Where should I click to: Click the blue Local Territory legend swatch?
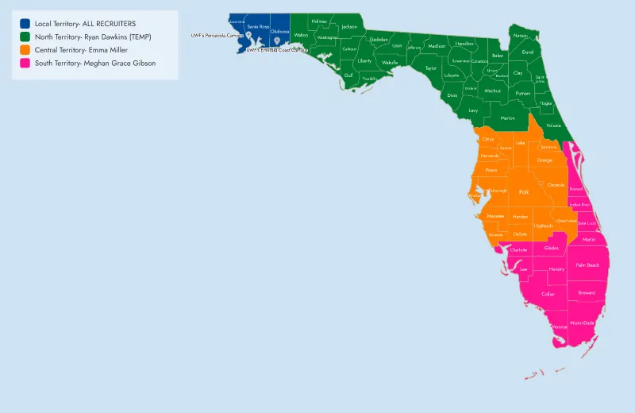point(26,24)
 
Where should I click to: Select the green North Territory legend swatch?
point(26,37)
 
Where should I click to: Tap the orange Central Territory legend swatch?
point(26,50)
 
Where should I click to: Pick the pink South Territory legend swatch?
point(26,63)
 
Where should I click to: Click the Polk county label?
point(523,191)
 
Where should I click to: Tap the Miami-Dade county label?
point(583,322)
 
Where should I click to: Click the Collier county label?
point(548,294)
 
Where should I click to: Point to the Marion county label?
point(508,118)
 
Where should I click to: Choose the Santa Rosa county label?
point(259,27)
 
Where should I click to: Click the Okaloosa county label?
point(279,32)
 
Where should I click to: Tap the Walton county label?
point(301,35)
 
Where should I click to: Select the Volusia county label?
point(553,125)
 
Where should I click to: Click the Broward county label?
point(587,292)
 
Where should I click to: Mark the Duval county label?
point(528,52)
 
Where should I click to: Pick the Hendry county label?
point(556,269)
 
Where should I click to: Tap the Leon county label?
point(397,46)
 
